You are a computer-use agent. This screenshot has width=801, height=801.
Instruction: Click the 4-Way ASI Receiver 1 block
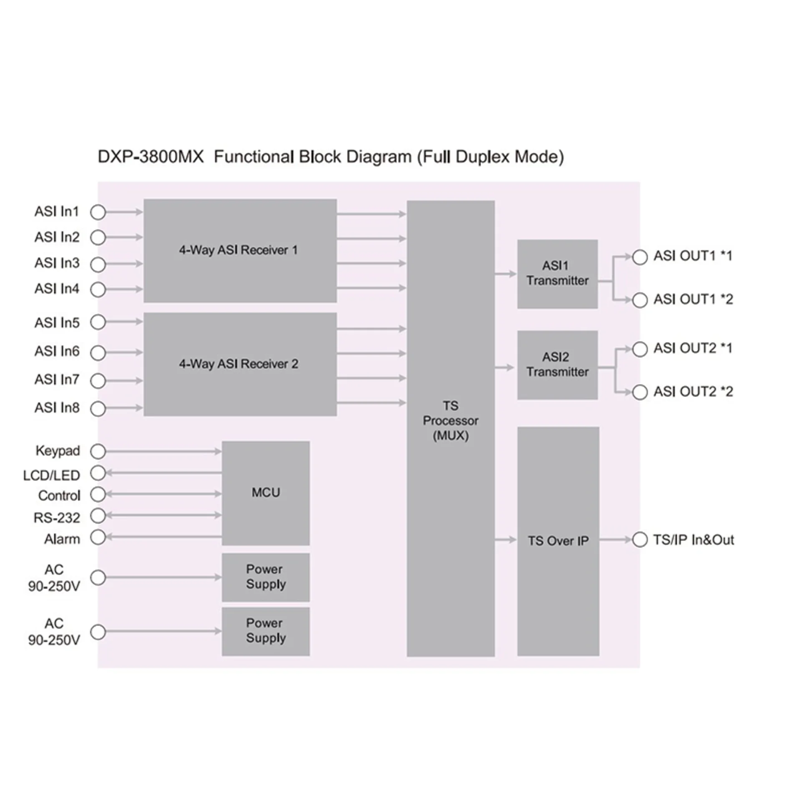pyautogui.click(x=240, y=250)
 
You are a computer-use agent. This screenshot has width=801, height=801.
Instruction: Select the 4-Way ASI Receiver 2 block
pyautogui.click(x=240, y=364)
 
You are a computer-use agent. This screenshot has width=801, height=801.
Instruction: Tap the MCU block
pyautogui.click(x=266, y=493)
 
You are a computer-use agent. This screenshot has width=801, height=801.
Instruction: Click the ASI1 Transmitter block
pyautogui.click(x=557, y=274)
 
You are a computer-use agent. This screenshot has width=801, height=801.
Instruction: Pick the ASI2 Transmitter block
pyautogui.click(x=557, y=365)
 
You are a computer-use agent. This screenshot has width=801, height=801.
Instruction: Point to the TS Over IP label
pyautogui.click(x=558, y=541)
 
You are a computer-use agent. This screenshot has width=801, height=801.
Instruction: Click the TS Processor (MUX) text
pyautogui.click(x=451, y=421)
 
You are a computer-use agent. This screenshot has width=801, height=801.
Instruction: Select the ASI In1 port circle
pyautogui.click(x=98, y=212)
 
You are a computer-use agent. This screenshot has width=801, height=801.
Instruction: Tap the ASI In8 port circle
pyautogui.click(x=98, y=408)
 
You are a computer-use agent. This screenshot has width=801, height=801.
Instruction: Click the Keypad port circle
pyautogui.click(x=98, y=451)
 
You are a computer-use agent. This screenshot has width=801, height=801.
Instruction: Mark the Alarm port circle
pyautogui.click(x=98, y=537)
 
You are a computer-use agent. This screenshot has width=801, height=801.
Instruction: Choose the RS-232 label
pyautogui.click(x=57, y=518)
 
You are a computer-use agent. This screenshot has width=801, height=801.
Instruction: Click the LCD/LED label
pyautogui.click(x=51, y=475)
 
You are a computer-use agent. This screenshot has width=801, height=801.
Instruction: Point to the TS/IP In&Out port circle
pyautogui.click(x=640, y=539)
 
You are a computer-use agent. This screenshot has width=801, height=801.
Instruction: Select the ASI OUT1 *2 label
pyautogui.click(x=693, y=299)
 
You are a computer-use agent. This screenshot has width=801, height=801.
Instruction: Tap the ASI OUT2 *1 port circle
pyautogui.click(x=640, y=349)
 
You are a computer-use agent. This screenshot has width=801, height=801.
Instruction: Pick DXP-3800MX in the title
pyautogui.click(x=151, y=157)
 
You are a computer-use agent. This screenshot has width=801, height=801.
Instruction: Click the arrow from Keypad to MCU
pyautogui.click(x=164, y=451)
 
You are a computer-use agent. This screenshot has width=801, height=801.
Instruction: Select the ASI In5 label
pyautogui.click(x=57, y=322)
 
